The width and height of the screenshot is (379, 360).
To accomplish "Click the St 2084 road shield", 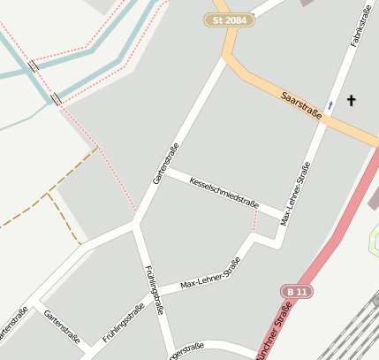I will [x=230, y=19].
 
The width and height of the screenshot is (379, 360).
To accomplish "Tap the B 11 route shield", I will [x=297, y=291].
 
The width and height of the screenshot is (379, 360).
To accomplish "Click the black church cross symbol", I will [x=351, y=100].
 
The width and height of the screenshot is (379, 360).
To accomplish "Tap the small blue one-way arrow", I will [x=330, y=105].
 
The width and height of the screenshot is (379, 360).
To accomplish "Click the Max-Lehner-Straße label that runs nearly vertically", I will [x=295, y=193].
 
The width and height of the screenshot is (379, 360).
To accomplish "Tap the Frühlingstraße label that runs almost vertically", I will [x=154, y=288].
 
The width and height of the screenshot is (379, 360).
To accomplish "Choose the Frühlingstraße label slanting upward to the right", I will [x=123, y=323].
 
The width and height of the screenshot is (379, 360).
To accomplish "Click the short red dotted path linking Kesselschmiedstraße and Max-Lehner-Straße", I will [x=255, y=224].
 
